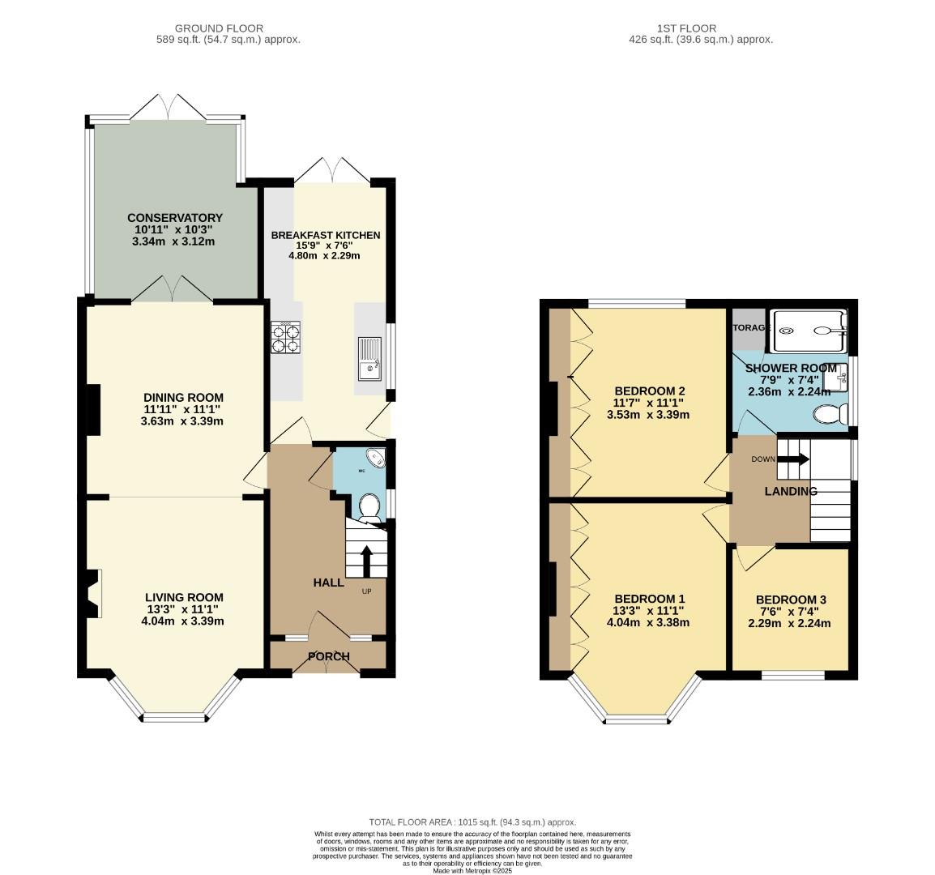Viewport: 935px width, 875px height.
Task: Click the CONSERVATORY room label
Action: click(174, 218)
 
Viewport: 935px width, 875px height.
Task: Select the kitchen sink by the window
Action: click(370, 358)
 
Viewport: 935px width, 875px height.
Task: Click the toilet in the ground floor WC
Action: click(370, 506)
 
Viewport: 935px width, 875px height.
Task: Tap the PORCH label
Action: click(328, 656)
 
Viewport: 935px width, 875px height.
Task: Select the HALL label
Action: click(328, 583)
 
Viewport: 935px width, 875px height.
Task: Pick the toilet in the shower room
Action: click(829, 415)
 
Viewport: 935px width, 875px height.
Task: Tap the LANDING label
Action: click(791, 491)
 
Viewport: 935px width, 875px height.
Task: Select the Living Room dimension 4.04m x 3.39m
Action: click(182, 621)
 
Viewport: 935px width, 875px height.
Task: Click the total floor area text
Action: click(472, 822)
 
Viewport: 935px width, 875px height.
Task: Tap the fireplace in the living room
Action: click(92, 594)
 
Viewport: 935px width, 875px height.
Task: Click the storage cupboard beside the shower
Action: click(747, 328)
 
